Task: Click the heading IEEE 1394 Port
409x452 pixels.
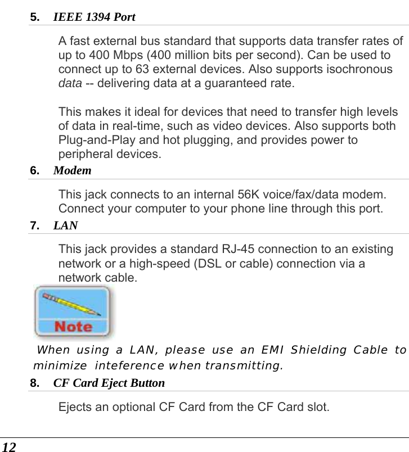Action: [94, 17]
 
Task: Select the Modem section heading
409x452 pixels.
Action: [72, 170]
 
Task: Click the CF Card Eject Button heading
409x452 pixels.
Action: [109, 383]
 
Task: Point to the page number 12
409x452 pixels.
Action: [9, 446]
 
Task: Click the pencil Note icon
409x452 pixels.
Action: [73, 311]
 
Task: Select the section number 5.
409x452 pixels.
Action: [34, 17]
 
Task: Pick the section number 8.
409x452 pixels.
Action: [34, 383]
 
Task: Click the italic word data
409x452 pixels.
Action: [70, 84]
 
